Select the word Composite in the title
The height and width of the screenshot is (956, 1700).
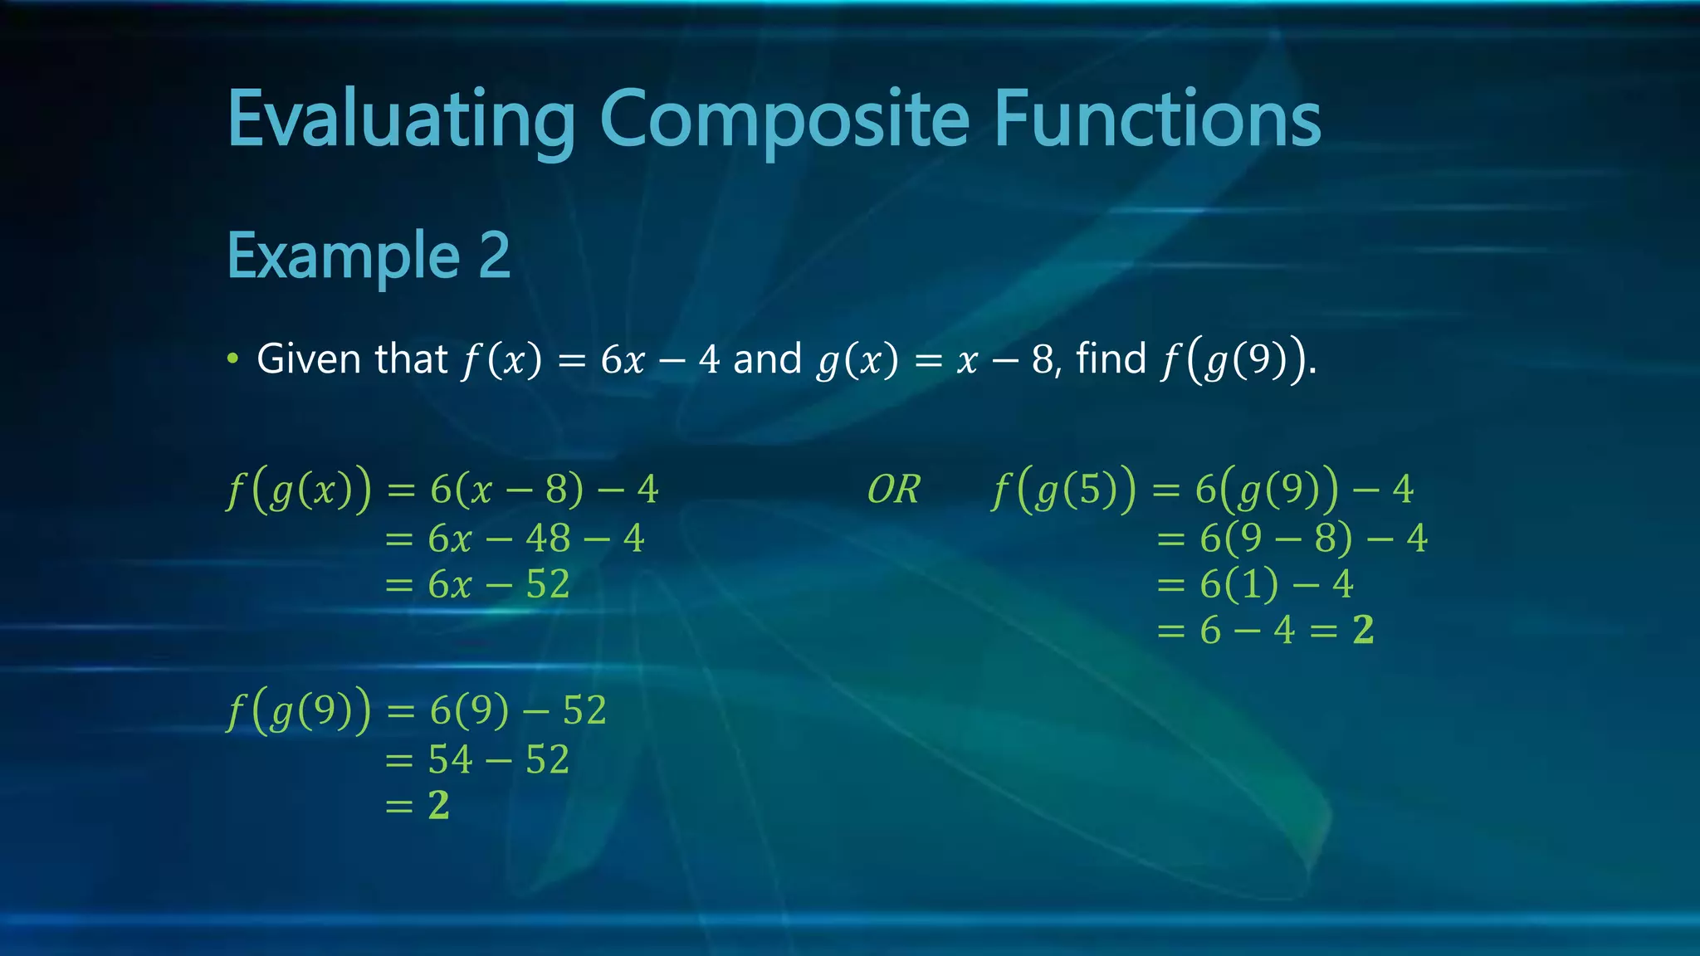pyautogui.click(x=784, y=120)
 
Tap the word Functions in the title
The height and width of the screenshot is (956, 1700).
pyautogui.click(x=1157, y=120)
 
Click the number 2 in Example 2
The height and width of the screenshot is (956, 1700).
pyautogui.click(x=494, y=256)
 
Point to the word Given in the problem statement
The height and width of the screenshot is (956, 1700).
pyautogui.click(x=309, y=359)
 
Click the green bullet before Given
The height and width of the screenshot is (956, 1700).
pyautogui.click(x=233, y=359)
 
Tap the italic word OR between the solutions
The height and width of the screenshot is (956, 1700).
pyautogui.click(x=893, y=490)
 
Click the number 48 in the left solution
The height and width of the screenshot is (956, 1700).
pyautogui.click(x=548, y=539)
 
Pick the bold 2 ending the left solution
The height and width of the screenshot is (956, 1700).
pyautogui.click(x=439, y=806)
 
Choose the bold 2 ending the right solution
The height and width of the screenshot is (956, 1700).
pyautogui.click(x=1363, y=631)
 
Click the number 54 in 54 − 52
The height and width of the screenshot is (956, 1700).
pyautogui.click(x=452, y=760)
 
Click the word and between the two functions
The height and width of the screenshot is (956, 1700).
pyautogui.click(x=767, y=359)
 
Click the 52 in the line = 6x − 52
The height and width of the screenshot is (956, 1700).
pyautogui.click(x=548, y=585)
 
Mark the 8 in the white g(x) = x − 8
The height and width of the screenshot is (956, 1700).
pyautogui.click(x=1043, y=360)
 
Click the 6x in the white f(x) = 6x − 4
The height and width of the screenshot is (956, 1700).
pyautogui.click(x=623, y=360)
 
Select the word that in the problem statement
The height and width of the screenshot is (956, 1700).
pyautogui.click(x=411, y=359)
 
